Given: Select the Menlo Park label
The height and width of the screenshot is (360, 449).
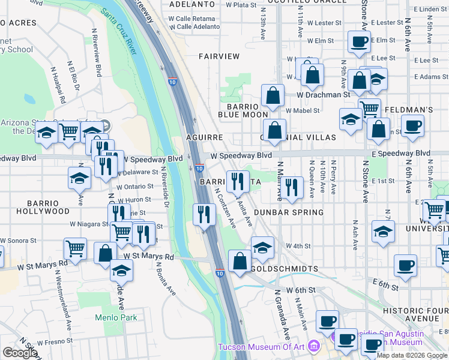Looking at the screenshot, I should point(116,317).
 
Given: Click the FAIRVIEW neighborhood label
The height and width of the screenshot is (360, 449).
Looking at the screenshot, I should point(220,56).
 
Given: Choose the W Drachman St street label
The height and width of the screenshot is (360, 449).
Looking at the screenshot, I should point(323,95).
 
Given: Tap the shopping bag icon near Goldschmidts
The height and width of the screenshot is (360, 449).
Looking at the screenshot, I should point(240,262).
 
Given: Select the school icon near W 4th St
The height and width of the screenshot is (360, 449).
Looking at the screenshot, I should point(262,247).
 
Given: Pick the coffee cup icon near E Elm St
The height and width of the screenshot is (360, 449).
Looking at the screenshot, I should point(359,43).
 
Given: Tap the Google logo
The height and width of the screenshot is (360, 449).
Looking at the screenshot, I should point(20,353).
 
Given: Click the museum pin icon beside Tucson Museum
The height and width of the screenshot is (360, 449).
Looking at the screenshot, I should point(313,346).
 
